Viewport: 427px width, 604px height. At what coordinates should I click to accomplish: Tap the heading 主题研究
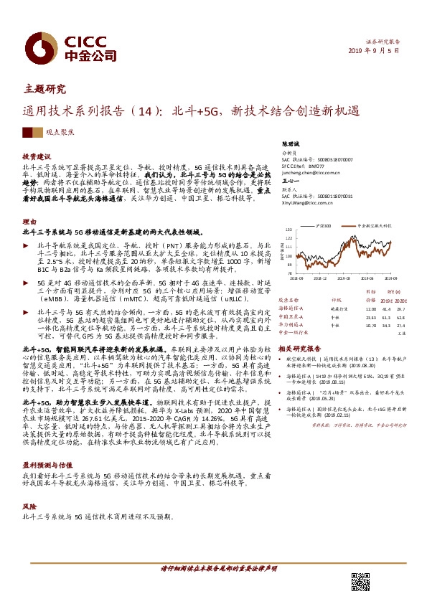point(44,90)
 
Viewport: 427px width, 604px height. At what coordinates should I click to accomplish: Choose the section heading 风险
point(28,506)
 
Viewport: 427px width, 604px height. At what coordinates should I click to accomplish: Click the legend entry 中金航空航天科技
point(372,225)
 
